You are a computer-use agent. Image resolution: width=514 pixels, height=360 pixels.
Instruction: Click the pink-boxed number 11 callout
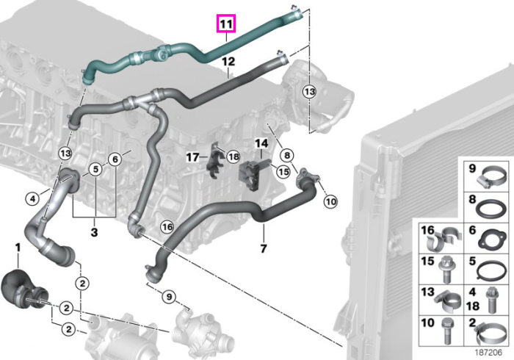coord(226,24)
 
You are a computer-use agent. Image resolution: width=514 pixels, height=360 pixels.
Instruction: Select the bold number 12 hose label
coord(228,62)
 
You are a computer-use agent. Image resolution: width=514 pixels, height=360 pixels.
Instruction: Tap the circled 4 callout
coord(32,198)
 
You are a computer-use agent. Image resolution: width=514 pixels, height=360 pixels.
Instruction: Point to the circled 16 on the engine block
coord(167,227)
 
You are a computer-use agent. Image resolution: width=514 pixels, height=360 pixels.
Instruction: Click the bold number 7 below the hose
coord(264,248)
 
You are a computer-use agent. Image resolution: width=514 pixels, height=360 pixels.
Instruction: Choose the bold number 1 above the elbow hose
coord(18,248)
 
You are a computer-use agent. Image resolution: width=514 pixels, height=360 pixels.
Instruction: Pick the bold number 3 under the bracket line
coord(94,232)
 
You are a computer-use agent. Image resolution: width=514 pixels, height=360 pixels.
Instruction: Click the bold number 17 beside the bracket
coord(192,157)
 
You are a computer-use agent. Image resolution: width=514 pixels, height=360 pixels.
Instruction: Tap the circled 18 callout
coord(233,156)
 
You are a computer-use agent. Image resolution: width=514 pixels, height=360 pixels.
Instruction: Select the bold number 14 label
coord(261,143)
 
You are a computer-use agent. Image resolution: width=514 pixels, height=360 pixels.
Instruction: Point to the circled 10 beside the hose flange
coord(330,201)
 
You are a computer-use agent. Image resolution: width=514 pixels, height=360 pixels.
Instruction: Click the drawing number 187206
coord(488,353)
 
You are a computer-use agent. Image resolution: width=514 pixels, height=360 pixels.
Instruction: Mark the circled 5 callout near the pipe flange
coord(95,169)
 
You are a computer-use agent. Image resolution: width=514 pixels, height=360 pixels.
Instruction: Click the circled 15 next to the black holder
coord(283,172)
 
